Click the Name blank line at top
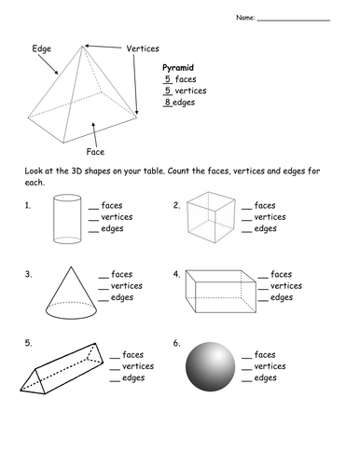[294, 21]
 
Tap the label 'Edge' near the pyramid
[42, 48]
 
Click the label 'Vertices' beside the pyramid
[143, 48]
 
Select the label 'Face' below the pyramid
[95, 152]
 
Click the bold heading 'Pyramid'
[178, 68]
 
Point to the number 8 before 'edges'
[168, 102]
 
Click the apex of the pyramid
[83, 46]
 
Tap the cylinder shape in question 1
[67, 219]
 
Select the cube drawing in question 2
[211, 217]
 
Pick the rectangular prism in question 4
[221, 291]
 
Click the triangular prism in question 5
[62, 368]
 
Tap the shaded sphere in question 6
[211, 367]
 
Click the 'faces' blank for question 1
[93, 209]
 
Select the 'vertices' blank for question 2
[246, 220]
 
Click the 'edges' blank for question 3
[104, 301]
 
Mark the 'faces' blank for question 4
[263, 278]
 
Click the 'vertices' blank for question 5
[115, 370]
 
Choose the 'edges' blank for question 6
[246, 381]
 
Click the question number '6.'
[176, 343]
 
